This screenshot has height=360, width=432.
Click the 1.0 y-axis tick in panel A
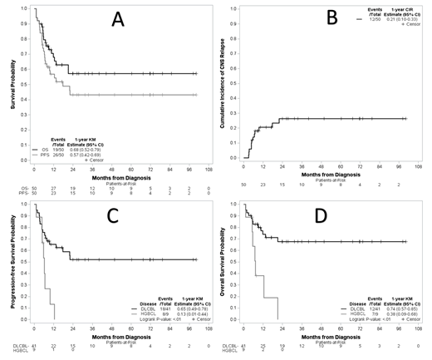pos(26,9)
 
